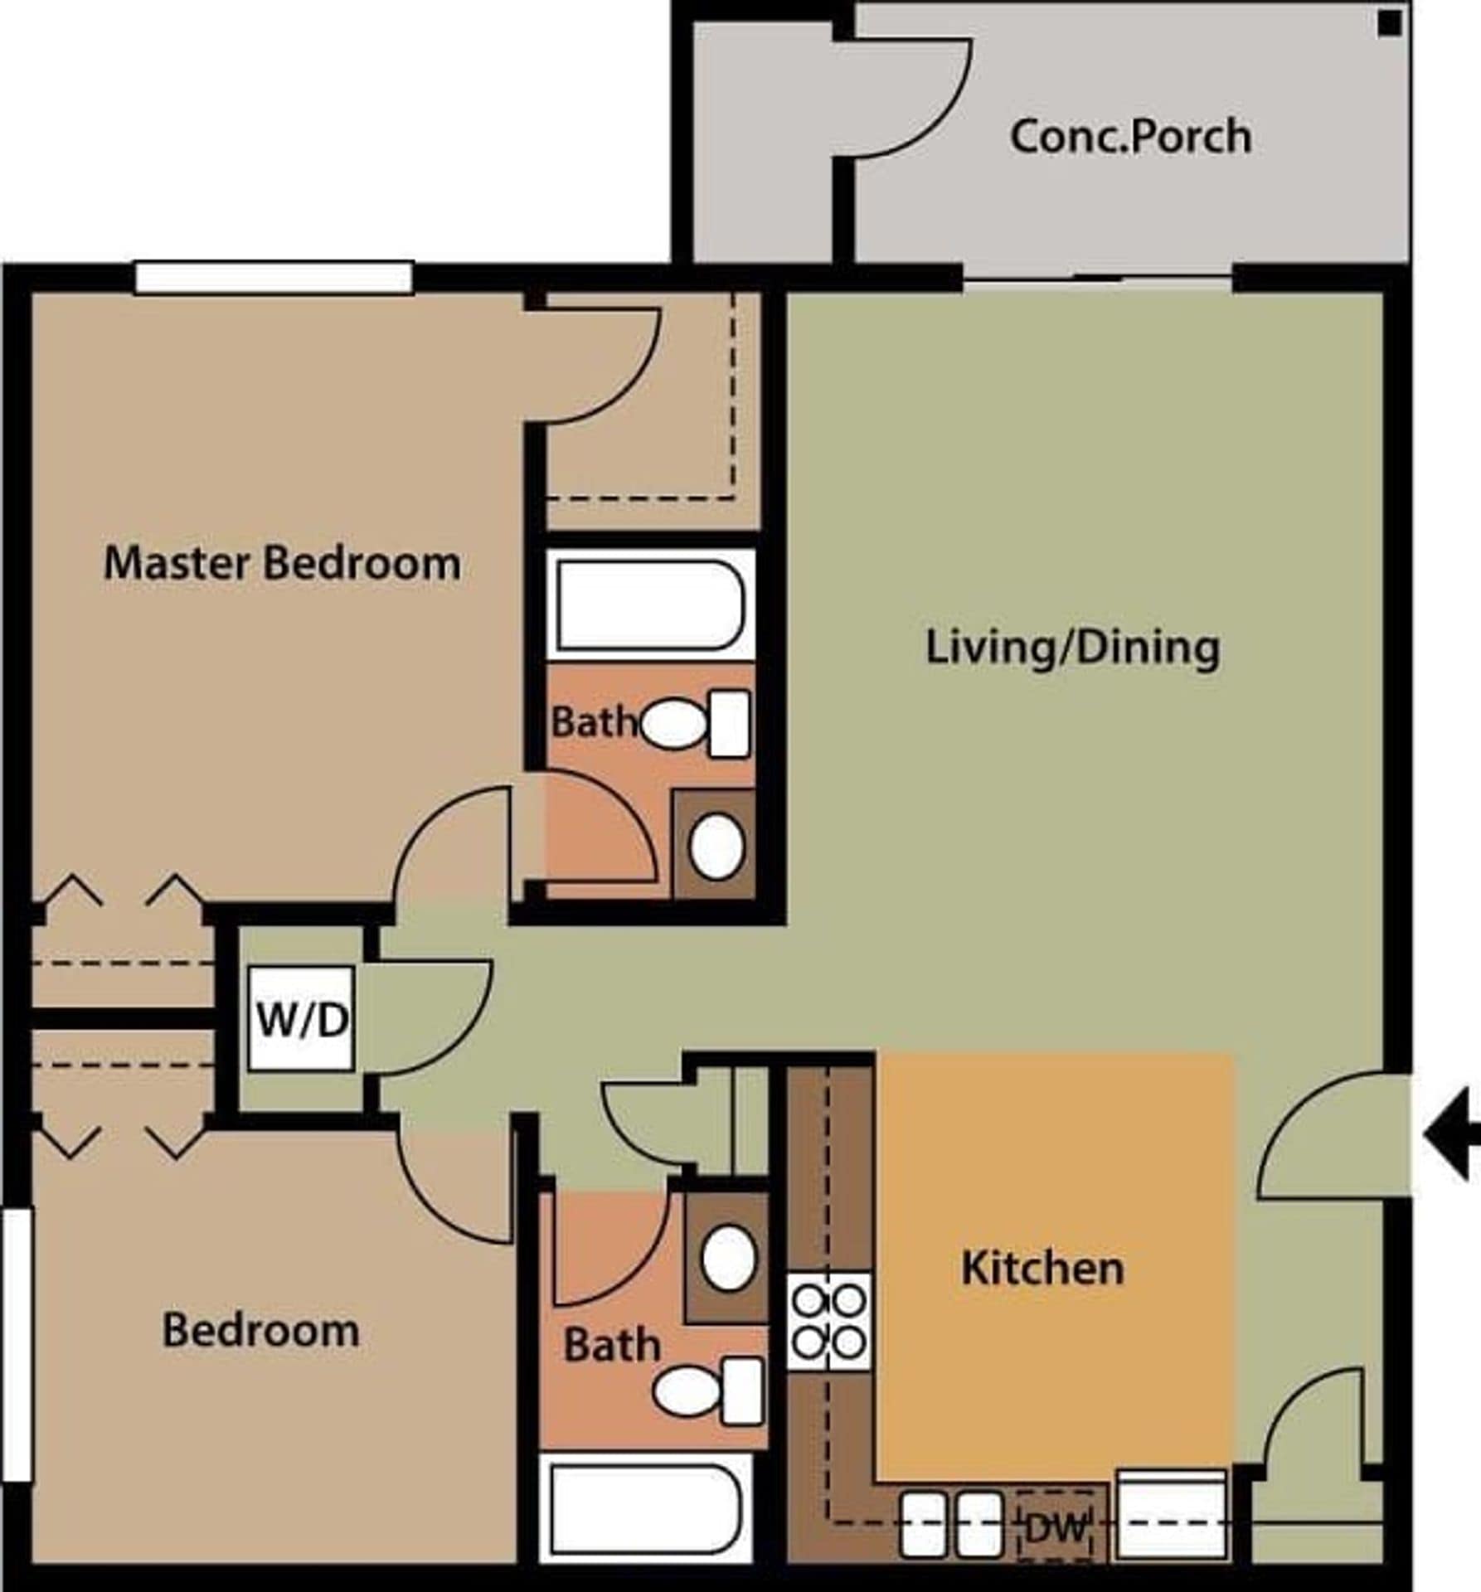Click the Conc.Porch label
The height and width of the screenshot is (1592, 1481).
pyautogui.click(x=1129, y=137)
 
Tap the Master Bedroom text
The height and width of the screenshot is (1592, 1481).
pyautogui.click(x=282, y=563)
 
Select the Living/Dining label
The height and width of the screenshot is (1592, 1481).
pyautogui.click(x=1071, y=648)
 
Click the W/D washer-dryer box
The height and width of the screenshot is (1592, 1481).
pyautogui.click(x=302, y=1019)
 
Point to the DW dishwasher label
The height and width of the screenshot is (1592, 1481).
pyautogui.click(x=1055, y=1527)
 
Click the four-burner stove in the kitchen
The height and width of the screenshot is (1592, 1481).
pyautogui.click(x=828, y=1322)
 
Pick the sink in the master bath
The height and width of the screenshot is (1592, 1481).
pyautogui.click(x=716, y=846)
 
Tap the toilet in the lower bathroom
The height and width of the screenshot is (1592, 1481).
pyautogui.click(x=707, y=1391)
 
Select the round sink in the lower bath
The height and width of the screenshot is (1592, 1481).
pyautogui.click(x=728, y=1258)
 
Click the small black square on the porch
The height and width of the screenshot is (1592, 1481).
pyautogui.click(x=1390, y=25)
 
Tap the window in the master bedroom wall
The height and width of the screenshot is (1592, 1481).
pyautogui.click(x=274, y=278)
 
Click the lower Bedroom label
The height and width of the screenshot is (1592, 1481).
pyautogui.click(x=260, y=1331)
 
